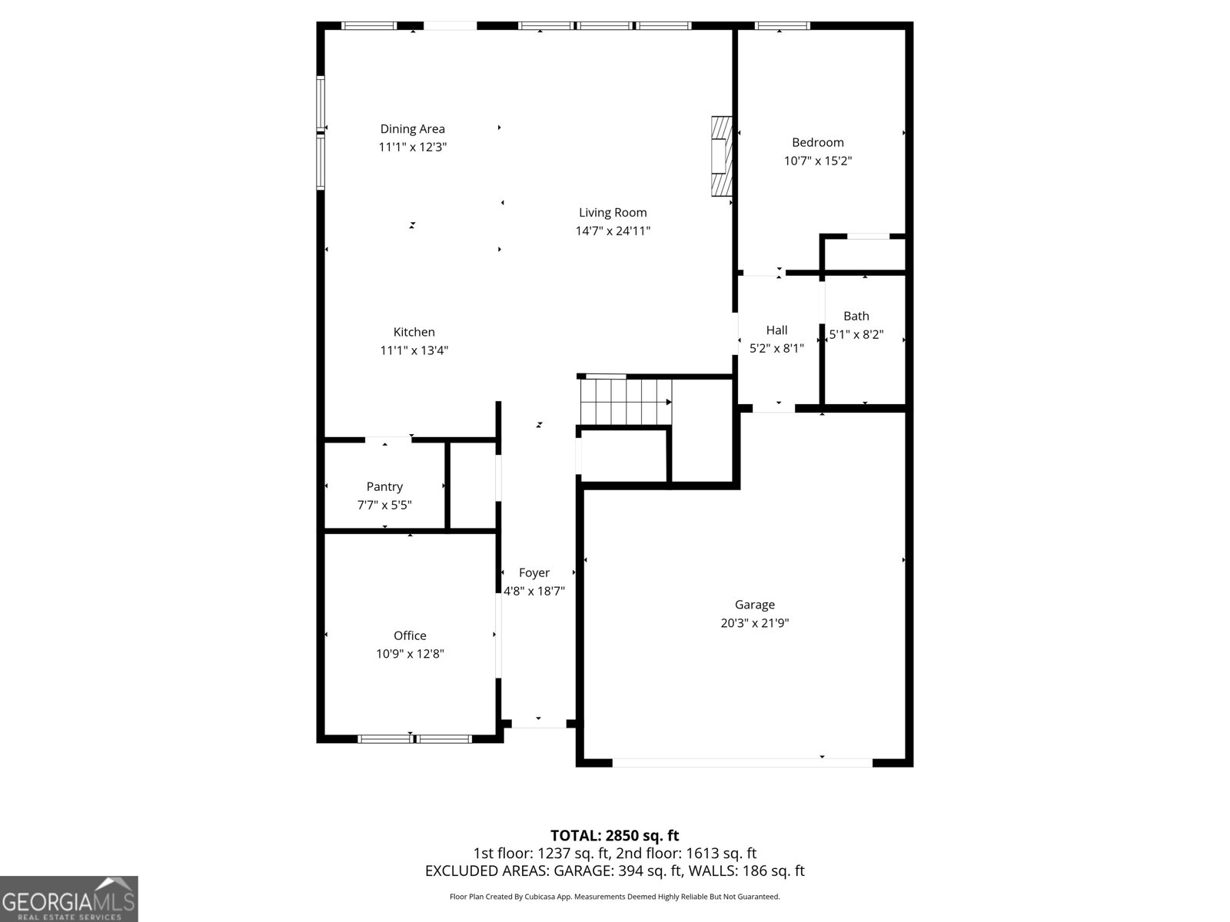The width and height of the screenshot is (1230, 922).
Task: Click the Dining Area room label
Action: (x=412, y=129)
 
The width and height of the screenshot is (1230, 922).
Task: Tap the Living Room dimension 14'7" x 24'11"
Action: (x=613, y=230)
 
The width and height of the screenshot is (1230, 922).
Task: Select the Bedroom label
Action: (x=818, y=143)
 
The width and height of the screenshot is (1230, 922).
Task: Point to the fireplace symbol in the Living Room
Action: (x=721, y=156)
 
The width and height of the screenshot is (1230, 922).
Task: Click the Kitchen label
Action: (x=414, y=332)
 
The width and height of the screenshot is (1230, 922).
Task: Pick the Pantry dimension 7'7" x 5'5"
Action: (x=384, y=505)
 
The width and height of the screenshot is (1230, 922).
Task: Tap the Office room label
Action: (x=410, y=635)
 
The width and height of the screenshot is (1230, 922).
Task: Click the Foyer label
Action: (x=534, y=572)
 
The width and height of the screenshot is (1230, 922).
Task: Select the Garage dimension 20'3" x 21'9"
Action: (x=754, y=622)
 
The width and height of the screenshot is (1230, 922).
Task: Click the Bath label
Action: (x=856, y=317)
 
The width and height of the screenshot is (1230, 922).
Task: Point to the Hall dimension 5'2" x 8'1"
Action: (x=776, y=348)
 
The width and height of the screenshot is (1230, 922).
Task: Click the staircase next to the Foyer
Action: (x=625, y=402)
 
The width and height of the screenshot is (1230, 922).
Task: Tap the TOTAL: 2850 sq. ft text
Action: (x=615, y=836)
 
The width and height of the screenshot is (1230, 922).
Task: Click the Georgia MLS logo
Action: (x=69, y=898)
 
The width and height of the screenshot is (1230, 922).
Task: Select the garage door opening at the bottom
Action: (x=742, y=762)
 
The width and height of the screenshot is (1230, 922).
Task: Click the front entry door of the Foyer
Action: (x=539, y=724)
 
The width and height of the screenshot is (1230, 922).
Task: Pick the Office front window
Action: (x=414, y=739)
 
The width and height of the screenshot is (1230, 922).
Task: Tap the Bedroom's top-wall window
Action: (x=783, y=25)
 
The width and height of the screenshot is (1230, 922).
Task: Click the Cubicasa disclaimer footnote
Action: (x=615, y=897)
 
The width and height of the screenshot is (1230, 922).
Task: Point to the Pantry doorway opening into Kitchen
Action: (x=387, y=440)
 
